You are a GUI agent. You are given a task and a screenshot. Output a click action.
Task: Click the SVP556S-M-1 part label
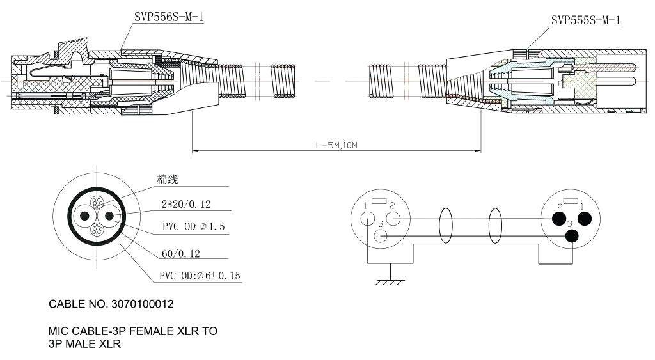point(169,18)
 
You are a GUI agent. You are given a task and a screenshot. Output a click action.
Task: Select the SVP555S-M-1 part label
point(585,20)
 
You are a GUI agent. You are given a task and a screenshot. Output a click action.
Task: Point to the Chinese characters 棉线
point(168,180)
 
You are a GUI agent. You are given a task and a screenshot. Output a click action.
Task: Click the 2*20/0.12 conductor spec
point(186,205)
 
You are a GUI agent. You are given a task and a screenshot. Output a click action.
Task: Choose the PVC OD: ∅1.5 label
point(193,227)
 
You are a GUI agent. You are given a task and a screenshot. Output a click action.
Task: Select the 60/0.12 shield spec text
point(181,254)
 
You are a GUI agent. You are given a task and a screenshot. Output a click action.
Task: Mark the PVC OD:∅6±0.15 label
point(200,276)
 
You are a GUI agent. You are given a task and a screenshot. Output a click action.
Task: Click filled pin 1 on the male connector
point(583,219)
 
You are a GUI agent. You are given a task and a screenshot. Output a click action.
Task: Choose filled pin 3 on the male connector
point(571,236)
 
